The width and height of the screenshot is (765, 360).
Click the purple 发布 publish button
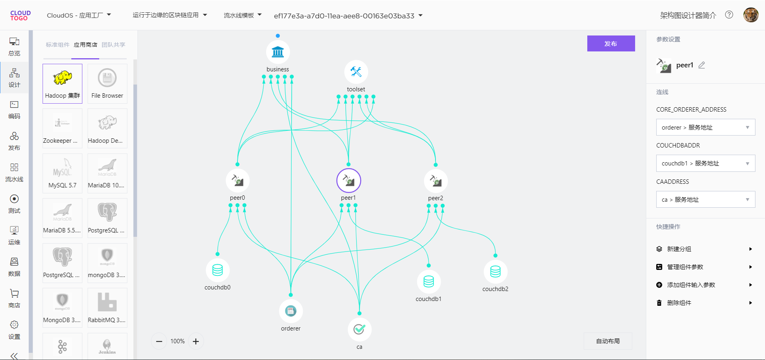click(x=611, y=43)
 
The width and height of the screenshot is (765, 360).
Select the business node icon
click(x=278, y=52)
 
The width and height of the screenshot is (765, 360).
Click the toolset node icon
click(x=356, y=72)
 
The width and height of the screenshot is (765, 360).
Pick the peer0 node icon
click(x=237, y=181)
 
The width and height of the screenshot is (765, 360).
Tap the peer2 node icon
click(x=435, y=181)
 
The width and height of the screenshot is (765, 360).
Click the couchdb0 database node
click(x=218, y=270)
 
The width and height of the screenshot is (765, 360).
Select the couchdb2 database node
click(x=495, y=272)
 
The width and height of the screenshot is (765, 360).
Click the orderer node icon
click(x=291, y=311)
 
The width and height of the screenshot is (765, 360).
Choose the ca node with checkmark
click(x=359, y=329)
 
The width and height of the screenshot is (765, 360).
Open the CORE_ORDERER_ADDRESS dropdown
click(x=705, y=128)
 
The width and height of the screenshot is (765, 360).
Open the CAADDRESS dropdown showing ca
click(x=705, y=200)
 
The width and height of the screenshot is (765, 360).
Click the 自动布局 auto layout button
click(x=608, y=341)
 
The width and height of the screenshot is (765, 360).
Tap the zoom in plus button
click(x=196, y=341)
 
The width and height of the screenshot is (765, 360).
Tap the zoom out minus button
click(x=159, y=341)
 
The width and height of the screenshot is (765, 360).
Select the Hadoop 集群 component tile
click(x=63, y=84)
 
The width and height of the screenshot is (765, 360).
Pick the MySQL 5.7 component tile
click(x=63, y=173)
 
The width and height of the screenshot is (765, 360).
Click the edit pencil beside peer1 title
click(x=702, y=65)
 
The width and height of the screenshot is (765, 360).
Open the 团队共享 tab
click(x=114, y=45)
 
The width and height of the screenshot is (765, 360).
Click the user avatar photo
click(x=751, y=15)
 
